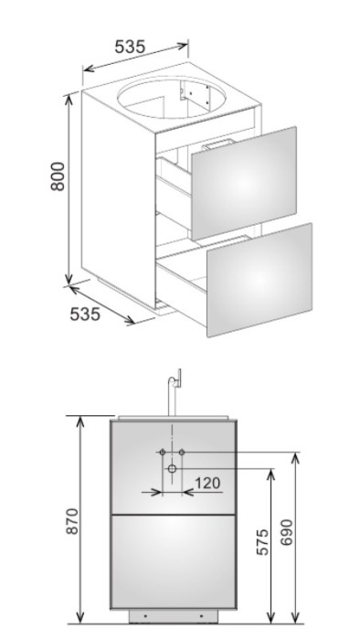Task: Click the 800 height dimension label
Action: [x=58, y=176]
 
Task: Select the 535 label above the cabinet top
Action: [x=130, y=47]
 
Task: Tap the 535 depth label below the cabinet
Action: [x=85, y=314]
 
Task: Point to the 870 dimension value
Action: [x=72, y=521]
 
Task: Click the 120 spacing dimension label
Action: [x=207, y=484]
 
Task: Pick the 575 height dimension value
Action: [x=263, y=542]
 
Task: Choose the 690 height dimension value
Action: [x=287, y=532]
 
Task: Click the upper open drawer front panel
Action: [x=244, y=183]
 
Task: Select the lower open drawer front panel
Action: [x=259, y=280]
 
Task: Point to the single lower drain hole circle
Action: [x=172, y=468]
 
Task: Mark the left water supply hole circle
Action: [x=163, y=452]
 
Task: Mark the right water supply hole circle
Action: [x=182, y=452]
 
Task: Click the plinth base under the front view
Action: [x=174, y=616]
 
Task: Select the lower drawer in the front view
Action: [x=174, y=561]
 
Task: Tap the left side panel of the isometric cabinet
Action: [x=118, y=200]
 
